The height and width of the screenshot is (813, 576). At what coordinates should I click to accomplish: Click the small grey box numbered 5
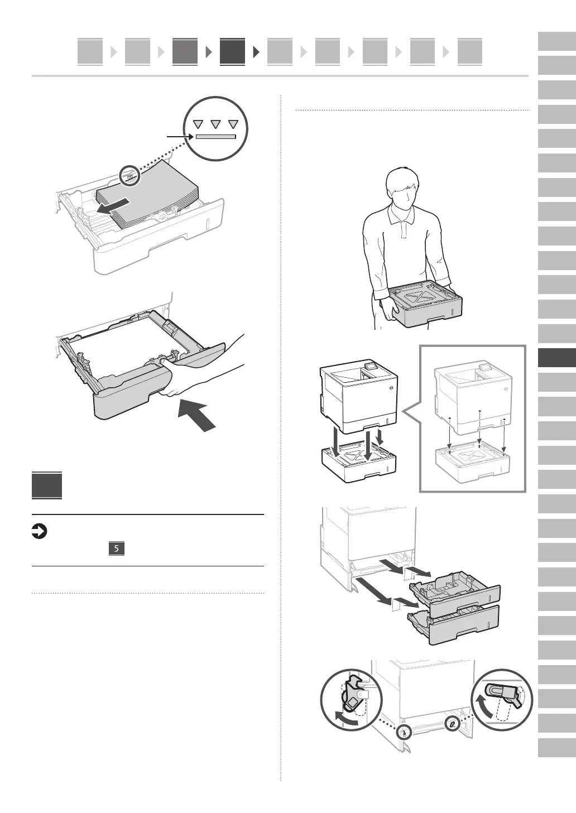116,549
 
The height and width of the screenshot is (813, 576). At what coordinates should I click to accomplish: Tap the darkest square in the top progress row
232,51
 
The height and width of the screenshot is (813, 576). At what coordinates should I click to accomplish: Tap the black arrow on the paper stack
114,206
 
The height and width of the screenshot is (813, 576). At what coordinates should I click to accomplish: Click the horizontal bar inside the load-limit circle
215,136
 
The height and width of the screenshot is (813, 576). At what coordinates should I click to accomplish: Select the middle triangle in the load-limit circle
216,124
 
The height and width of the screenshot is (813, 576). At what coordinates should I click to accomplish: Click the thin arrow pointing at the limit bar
180,136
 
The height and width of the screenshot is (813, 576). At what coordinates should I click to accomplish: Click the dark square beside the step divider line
47,486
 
